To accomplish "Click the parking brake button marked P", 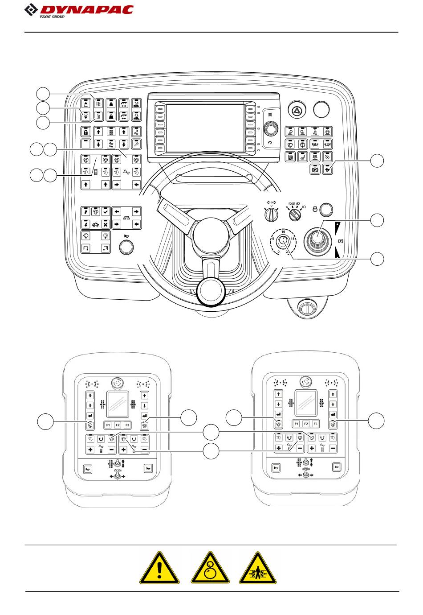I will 315,169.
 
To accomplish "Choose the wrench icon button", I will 137,144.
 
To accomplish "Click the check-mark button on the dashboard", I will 106,211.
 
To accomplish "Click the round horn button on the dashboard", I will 127,247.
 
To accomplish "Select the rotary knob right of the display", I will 270,129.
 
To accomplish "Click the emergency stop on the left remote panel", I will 118,382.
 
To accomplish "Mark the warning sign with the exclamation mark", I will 159,568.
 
